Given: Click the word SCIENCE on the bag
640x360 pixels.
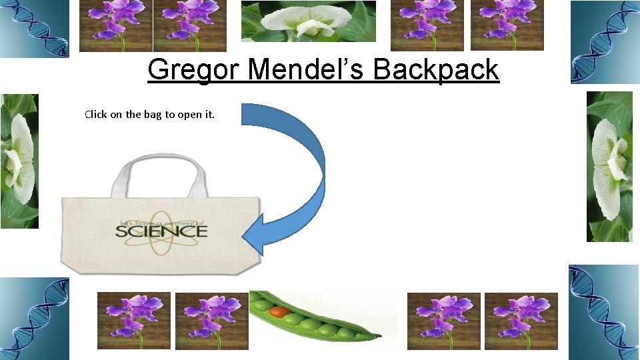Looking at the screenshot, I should coord(161,231).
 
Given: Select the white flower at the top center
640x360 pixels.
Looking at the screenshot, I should coord(308,22).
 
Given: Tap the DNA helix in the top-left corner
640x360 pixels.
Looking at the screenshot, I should coord(33,29).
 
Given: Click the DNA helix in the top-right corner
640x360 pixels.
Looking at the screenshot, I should coord(603,41).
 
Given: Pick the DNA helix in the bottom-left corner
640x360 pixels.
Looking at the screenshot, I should coord(33,319).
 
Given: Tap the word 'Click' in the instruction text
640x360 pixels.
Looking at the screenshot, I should coord(95,114).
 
